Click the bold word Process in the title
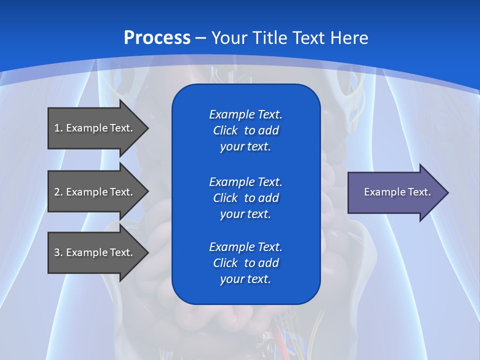point(157,38)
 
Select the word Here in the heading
point(349,38)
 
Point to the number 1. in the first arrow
point(58,128)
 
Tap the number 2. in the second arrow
point(58,192)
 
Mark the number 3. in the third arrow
point(58,252)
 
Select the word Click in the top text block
point(225,131)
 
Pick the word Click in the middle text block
point(225,198)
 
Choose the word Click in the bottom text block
point(225,263)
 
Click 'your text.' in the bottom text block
point(245,279)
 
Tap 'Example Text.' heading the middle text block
point(245,181)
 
